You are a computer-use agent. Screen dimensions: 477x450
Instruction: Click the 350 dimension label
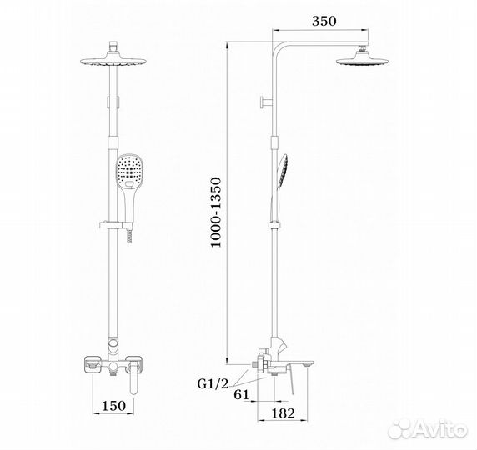click(324, 21)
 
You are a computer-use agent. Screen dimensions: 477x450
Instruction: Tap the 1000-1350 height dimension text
click(216, 212)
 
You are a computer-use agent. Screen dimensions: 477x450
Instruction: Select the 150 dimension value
click(113, 406)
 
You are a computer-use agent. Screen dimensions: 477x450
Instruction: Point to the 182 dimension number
click(283, 413)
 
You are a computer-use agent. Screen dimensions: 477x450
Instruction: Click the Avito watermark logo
click(429, 429)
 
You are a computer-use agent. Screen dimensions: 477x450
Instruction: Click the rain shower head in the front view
click(113, 60)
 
